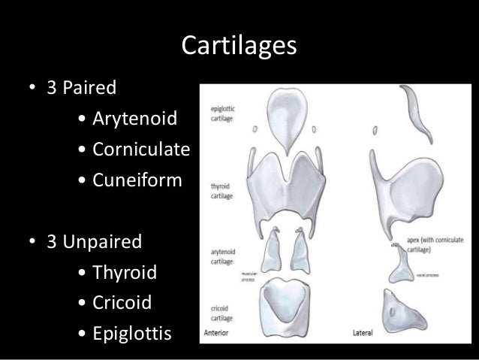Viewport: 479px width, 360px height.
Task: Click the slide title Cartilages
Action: coord(239,48)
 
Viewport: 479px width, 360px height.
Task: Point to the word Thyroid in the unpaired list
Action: coord(124,273)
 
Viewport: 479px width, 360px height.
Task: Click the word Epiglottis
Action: coord(131,334)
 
